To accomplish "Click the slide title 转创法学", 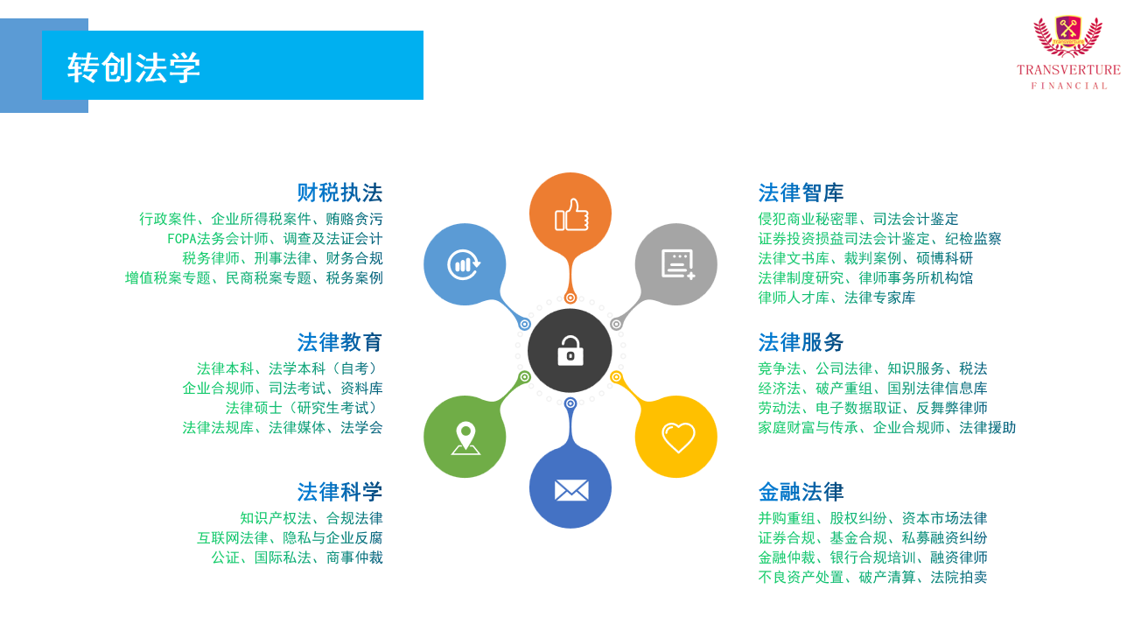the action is (x=134, y=67).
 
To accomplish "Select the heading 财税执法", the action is (x=339, y=193).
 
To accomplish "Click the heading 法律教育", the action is (x=339, y=342).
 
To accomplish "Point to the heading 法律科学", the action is (x=339, y=492).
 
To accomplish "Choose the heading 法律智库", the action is (x=801, y=193).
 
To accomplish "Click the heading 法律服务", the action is (x=801, y=342).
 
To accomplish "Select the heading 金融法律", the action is (x=801, y=492).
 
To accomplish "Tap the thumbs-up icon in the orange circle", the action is (x=571, y=214).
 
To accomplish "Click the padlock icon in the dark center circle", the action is (x=570, y=350).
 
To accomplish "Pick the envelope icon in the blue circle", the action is (x=571, y=490).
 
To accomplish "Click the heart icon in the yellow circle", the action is (x=678, y=438).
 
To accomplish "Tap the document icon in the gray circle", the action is (x=678, y=263).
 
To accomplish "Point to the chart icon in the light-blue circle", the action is (x=464, y=264).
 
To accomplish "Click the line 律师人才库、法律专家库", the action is (x=836, y=298).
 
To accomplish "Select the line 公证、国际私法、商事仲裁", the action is (x=297, y=557).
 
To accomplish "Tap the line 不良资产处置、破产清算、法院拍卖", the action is (x=872, y=577).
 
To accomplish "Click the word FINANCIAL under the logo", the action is (x=1069, y=86).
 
